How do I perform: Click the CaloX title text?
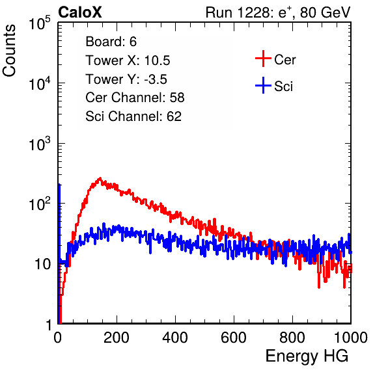[x=79, y=12]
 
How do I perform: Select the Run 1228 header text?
[x=278, y=12]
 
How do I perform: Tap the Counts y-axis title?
[x=9, y=51]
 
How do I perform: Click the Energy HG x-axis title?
[x=307, y=356]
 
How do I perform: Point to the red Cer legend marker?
[x=263, y=59]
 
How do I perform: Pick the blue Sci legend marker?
[x=263, y=85]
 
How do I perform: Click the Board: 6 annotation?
[x=111, y=42]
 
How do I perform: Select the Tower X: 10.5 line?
[x=128, y=60]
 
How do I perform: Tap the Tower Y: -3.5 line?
[x=126, y=79]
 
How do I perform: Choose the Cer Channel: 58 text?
[x=135, y=98]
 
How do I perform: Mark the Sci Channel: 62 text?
[x=133, y=116]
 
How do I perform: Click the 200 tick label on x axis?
[x=117, y=338]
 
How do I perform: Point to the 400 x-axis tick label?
[x=175, y=338]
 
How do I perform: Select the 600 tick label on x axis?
[x=234, y=338]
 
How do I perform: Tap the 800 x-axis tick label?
[x=292, y=338]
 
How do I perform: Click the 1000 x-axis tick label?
[x=351, y=338]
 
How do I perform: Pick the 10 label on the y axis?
[x=42, y=264]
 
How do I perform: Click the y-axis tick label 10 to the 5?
[x=40, y=23]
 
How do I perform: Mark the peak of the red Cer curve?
[x=100, y=178]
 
